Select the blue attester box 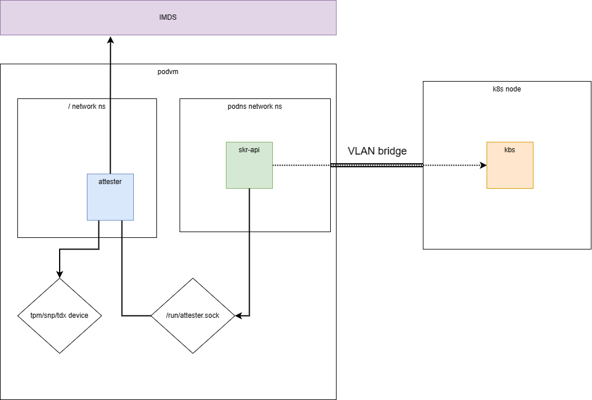(x=110, y=203)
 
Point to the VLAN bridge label (x=377, y=151)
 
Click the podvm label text (x=168, y=72)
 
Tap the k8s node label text (x=507, y=89)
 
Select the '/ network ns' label (x=87, y=107)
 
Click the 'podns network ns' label (x=255, y=107)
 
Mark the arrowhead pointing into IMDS (x=110, y=39)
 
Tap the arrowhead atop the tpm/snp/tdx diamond (x=59, y=274)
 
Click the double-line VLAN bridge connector (x=377, y=166)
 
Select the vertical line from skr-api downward (x=249, y=249)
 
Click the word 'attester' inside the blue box (x=110, y=181)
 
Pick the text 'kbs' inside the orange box (x=510, y=149)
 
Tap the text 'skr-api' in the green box (x=249, y=149)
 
